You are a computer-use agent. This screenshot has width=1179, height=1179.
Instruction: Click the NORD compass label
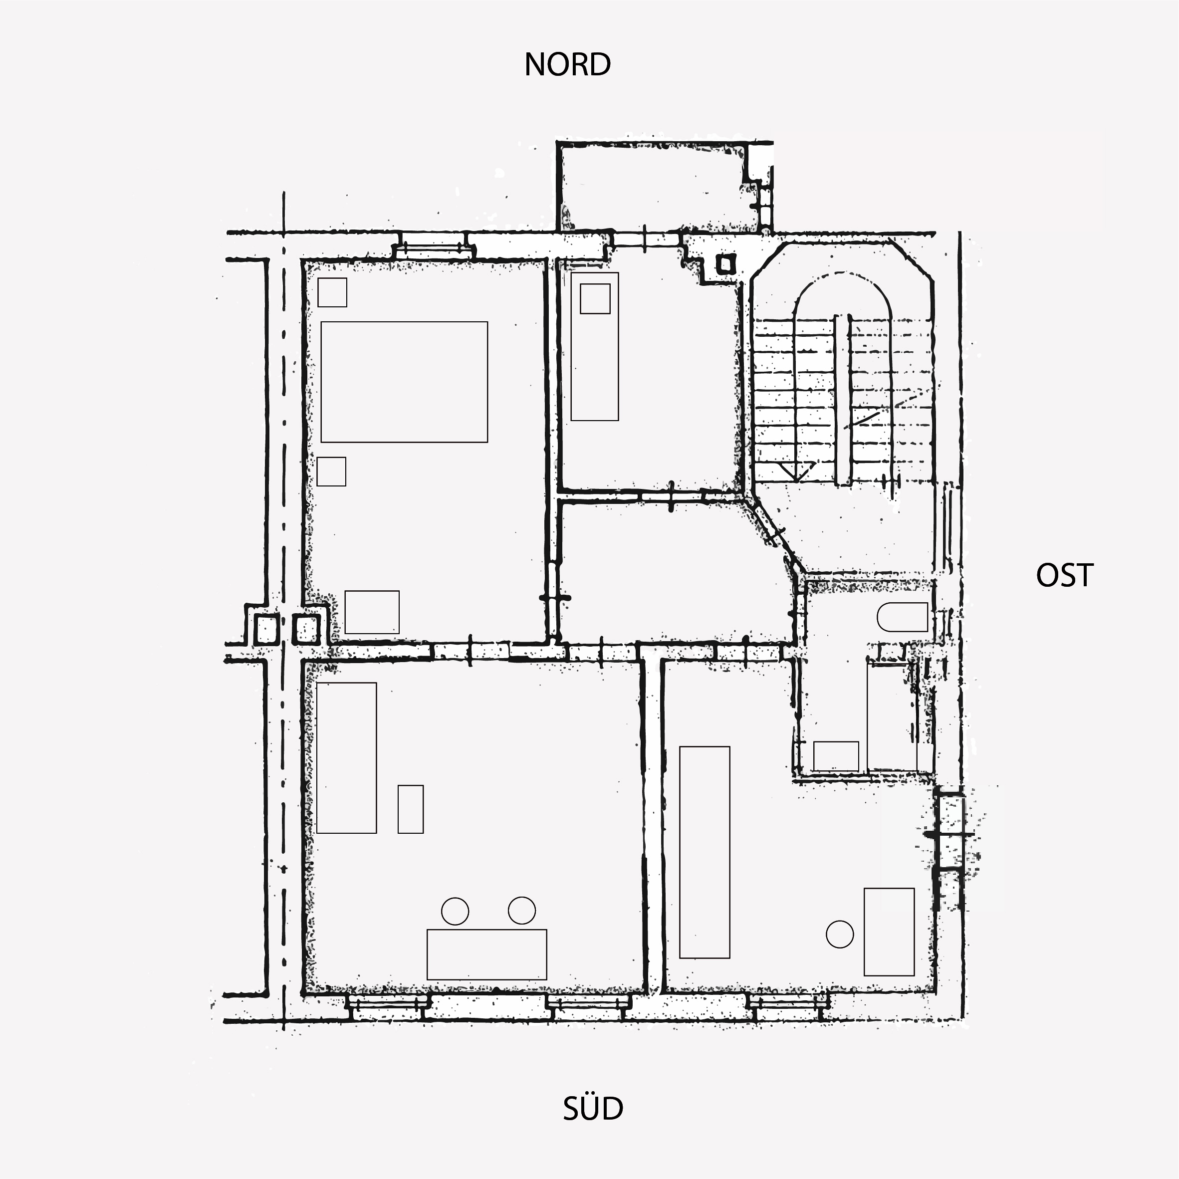567,65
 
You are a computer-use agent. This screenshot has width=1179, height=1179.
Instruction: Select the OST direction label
1064,575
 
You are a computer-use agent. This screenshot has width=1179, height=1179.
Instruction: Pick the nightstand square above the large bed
332,292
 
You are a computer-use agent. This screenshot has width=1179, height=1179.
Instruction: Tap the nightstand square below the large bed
331,471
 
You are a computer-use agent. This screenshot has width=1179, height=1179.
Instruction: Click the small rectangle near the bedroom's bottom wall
372,612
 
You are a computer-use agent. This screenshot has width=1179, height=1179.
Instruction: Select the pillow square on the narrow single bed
595,299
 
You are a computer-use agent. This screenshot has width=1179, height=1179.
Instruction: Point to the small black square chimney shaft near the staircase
725,265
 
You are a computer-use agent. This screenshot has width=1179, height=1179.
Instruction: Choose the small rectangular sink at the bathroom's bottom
836,757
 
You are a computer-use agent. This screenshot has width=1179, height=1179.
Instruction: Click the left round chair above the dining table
455,911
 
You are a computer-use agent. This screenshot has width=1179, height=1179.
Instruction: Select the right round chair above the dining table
522,911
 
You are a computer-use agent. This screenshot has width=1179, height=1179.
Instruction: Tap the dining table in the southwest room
486,954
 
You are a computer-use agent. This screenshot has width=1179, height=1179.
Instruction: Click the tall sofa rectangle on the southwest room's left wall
347,758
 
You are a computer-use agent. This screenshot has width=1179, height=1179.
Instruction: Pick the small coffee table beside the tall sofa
411,809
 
